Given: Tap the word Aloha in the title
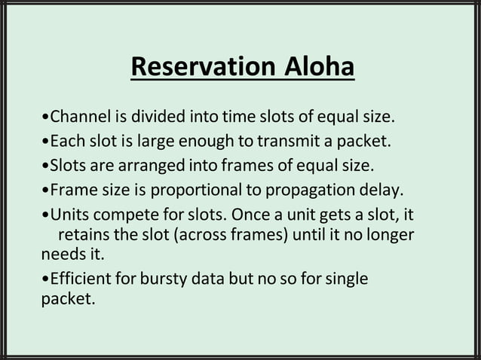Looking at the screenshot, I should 319,67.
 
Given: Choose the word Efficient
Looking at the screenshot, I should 80,279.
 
